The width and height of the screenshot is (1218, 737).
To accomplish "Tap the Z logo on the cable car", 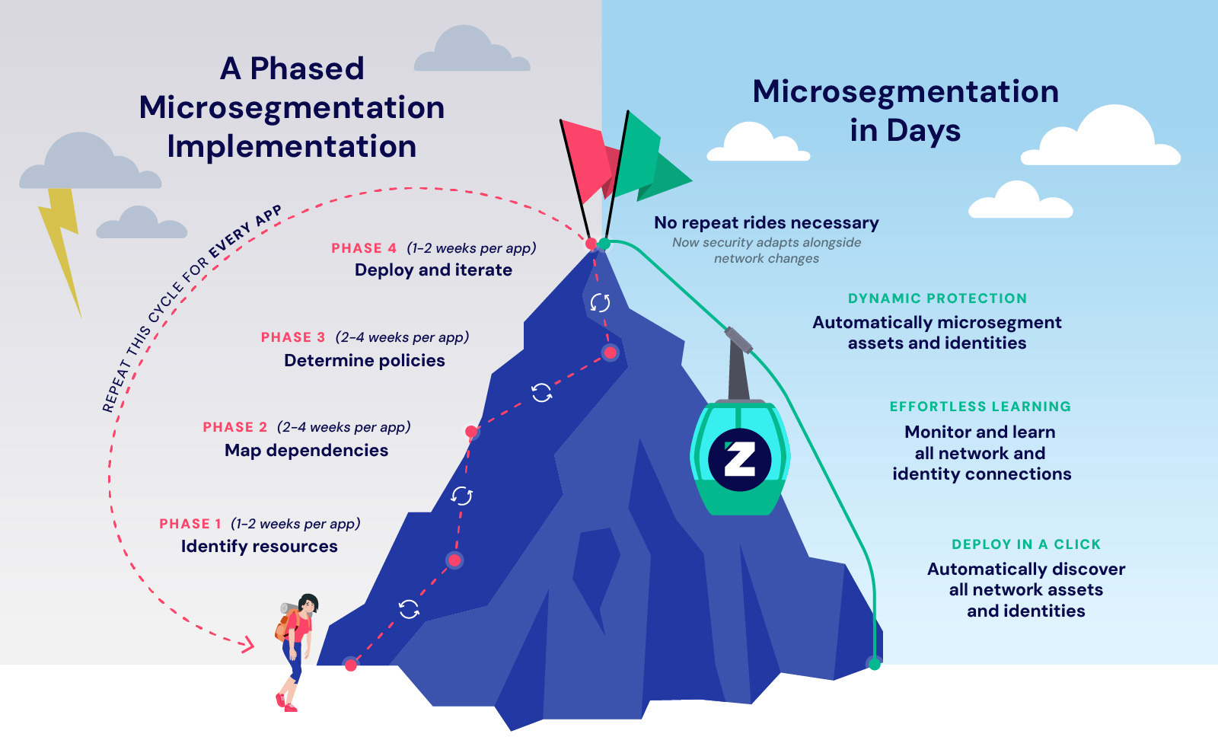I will [739, 460].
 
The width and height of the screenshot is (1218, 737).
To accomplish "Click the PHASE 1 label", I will [190, 524].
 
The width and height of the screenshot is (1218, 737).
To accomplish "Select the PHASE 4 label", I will [364, 248].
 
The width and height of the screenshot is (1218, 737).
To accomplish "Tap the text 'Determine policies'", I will [365, 360].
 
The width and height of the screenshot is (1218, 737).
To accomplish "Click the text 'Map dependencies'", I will [306, 450].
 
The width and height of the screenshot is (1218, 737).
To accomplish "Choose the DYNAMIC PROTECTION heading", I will [937, 298].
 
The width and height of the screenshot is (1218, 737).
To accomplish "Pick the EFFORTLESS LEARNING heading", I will [980, 407].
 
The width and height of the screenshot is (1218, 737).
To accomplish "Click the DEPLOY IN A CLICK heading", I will [1025, 544].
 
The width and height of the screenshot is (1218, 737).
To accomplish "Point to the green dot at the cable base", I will [875, 664].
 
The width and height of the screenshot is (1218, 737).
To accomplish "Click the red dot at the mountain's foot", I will [350, 665].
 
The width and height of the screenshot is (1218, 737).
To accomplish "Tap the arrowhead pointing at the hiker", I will [247, 645].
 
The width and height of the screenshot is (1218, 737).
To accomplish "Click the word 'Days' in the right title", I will [923, 130].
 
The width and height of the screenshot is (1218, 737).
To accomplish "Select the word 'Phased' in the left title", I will [307, 69].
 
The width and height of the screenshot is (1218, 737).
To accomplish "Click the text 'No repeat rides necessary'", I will [766, 222].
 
